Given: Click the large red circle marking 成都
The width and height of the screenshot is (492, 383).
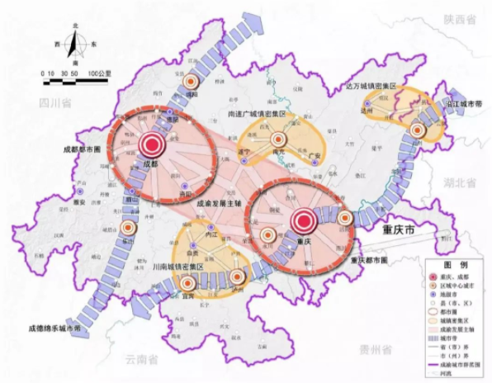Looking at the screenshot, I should pos(152,145).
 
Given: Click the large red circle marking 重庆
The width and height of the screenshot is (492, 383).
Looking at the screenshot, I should pos(302,220).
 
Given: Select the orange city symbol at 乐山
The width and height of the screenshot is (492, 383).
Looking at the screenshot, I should pos(129,230).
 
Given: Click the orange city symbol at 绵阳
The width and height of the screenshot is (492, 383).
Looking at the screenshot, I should pos(192,83).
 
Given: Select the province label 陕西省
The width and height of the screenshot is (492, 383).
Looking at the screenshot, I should pos(461,18).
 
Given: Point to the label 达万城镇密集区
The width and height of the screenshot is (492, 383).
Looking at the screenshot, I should pos(371,86).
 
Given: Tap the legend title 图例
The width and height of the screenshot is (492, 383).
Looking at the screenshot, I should pos(450,265).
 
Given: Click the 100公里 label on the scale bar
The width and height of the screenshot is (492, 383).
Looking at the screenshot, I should pos(99,73).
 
